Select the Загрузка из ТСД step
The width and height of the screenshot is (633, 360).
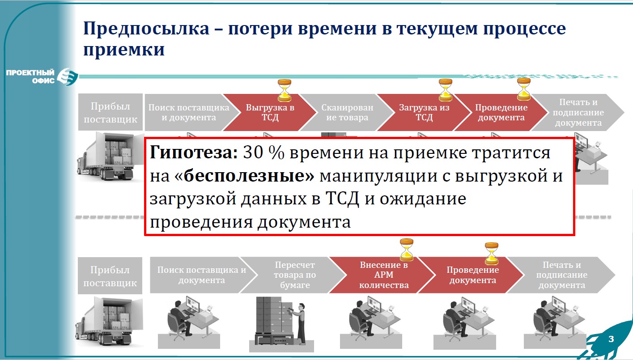(x=418, y=112)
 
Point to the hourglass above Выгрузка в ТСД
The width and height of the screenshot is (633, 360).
(x=284, y=89)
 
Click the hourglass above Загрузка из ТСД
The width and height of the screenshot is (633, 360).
(x=446, y=89)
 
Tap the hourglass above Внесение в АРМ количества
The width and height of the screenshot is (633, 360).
(x=407, y=250)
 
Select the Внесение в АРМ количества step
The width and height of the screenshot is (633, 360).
(x=384, y=275)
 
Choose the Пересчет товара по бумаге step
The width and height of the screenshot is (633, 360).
(x=295, y=275)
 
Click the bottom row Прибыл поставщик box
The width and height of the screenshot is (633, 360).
(x=110, y=276)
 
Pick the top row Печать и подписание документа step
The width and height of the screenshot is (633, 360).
(x=577, y=112)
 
